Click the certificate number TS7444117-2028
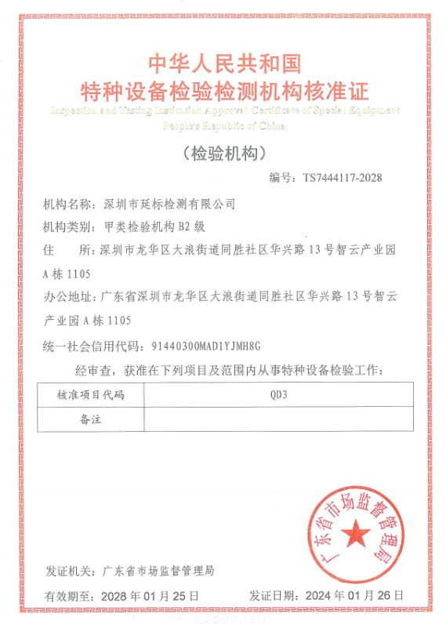coord(343,178)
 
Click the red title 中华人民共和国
coord(224,63)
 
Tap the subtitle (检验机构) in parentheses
coord(224,151)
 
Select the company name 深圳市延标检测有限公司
coord(169,205)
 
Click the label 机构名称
coord(67,205)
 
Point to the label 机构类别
coord(67,227)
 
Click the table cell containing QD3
coord(278,394)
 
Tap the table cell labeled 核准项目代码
coord(90,394)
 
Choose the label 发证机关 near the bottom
coord(69,571)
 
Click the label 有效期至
coord(68,597)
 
